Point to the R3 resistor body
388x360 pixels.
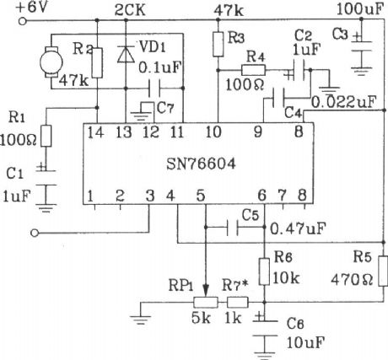pyautogui.click(x=218, y=39)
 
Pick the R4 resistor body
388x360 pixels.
pyautogui.click(x=256, y=69)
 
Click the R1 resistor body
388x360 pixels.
pyautogui.click(x=46, y=136)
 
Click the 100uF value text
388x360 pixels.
pyautogui.click(x=358, y=10)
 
